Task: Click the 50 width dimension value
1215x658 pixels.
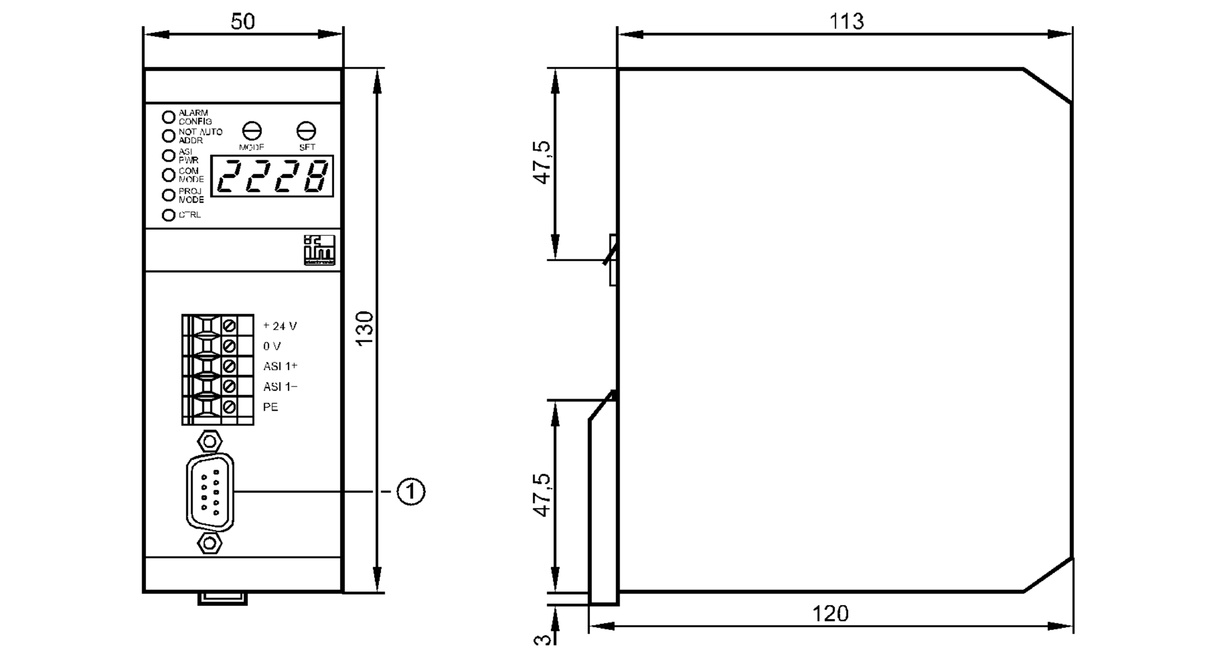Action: (242, 22)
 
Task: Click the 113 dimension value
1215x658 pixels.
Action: (846, 22)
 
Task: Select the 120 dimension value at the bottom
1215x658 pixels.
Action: (830, 614)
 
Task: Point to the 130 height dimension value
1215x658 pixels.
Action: (364, 329)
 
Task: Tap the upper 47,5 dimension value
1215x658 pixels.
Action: (542, 162)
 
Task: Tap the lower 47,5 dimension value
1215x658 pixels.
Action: (542, 495)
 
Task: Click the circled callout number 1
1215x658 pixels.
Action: (411, 491)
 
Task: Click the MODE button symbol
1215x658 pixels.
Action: (252, 131)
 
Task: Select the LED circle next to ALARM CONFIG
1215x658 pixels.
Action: (168, 117)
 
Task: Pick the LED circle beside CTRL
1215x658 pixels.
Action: (168, 215)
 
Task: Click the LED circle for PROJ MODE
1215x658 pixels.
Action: (168, 195)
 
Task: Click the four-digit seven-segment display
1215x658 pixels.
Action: (272, 176)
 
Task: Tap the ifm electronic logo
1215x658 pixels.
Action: (319, 250)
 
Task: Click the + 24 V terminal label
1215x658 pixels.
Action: (280, 326)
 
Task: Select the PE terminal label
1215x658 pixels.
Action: (270, 407)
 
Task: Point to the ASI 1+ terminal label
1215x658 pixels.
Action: (280, 366)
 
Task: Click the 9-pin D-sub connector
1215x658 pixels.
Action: (210, 492)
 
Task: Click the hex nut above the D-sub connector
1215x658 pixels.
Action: (210, 440)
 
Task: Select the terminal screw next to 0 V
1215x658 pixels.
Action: (230, 346)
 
